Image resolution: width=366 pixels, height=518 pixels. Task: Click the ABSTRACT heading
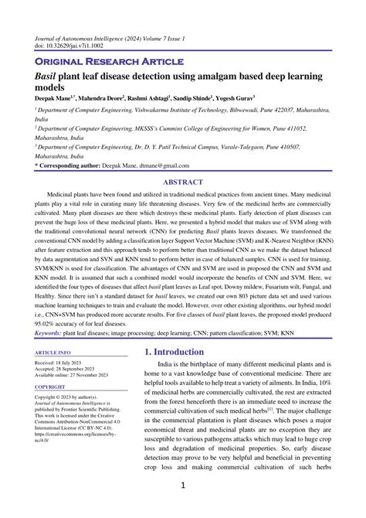tap(183, 183)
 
